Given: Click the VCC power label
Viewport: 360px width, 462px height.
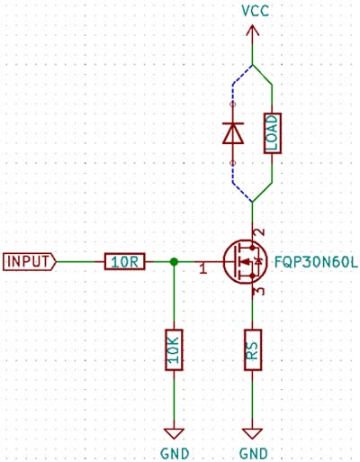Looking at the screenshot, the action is [256, 11].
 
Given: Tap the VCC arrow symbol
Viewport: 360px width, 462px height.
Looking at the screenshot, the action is [252, 31].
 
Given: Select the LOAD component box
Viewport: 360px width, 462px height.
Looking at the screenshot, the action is [273, 133].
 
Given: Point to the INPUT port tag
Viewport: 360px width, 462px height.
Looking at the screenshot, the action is [30, 262].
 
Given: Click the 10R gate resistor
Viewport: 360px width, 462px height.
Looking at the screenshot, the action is [125, 262].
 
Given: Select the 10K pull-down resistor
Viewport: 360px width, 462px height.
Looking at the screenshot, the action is [174, 349].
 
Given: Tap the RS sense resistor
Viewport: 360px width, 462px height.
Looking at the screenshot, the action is [253, 349].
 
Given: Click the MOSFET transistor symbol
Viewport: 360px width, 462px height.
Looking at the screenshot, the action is [246, 262].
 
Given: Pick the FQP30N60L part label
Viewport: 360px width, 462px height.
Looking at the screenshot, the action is [316, 263].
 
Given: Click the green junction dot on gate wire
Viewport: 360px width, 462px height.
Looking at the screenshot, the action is [174, 262].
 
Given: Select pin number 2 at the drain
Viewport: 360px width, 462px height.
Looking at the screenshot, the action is [260, 232].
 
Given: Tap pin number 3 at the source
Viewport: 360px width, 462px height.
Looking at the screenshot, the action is [260, 291].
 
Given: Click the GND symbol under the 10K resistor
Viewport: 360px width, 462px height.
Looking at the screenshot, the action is [174, 434].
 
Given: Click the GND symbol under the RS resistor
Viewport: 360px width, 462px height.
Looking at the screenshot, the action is [253, 434].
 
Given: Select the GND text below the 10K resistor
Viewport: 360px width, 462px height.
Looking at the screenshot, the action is [175, 454].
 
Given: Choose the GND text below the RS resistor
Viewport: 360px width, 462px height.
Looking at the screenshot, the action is [254, 454].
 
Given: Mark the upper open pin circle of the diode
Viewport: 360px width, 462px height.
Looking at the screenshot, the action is [232, 104].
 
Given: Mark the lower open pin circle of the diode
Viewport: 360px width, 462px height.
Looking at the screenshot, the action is [232, 163].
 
